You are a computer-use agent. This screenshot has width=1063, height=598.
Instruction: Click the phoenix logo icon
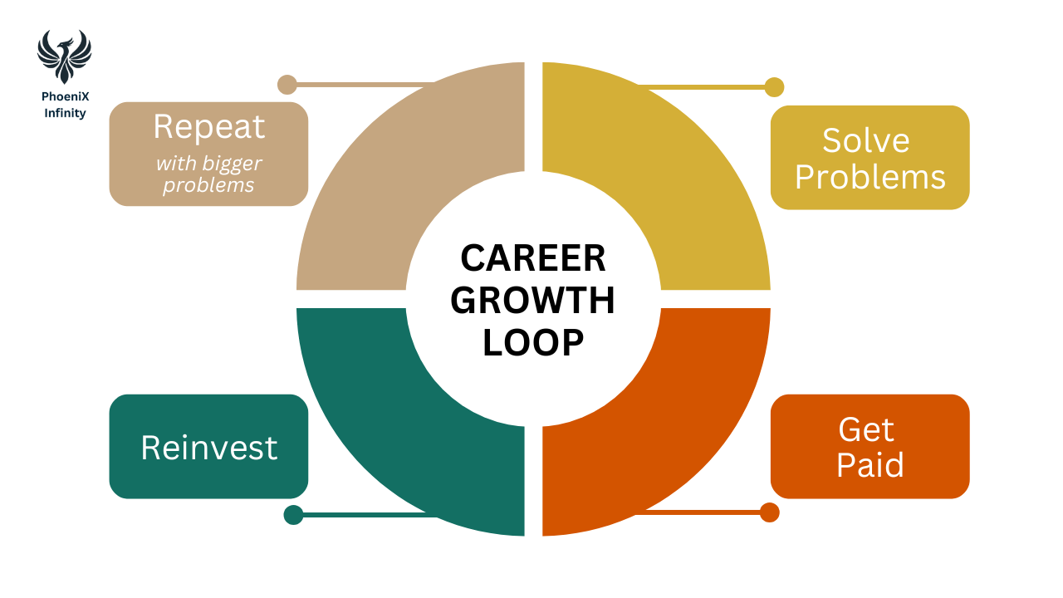tap(64, 56)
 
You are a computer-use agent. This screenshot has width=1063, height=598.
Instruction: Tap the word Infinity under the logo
tap(65, 113)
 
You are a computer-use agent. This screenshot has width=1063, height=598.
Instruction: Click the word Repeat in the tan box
tap(209, 127)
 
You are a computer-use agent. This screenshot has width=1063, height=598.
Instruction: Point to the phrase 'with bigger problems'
tap(208, 174)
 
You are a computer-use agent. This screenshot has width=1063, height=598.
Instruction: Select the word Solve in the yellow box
tap(866, 140)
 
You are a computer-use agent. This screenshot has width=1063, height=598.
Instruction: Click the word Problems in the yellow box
tap(870, 177)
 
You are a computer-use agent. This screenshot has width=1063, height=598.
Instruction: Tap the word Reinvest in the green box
tap(209, 448)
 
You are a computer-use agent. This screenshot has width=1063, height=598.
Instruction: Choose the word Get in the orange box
tap(866, 429)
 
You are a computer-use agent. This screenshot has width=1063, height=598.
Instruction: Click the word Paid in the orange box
tap(870, 465)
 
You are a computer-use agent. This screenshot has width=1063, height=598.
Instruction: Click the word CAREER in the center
tap(533, 258)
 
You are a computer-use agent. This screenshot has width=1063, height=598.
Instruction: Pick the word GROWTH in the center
tap(533, 301)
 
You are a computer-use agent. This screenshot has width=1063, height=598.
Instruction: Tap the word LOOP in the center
tap(533, 343)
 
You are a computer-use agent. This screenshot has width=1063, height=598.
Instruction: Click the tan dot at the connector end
tap(287, 85)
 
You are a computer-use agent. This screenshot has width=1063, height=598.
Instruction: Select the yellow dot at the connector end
tap(774, 87)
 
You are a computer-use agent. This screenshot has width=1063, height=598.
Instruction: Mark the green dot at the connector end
tap(293, 515)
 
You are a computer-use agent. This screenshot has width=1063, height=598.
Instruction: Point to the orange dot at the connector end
tap(770, 512)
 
